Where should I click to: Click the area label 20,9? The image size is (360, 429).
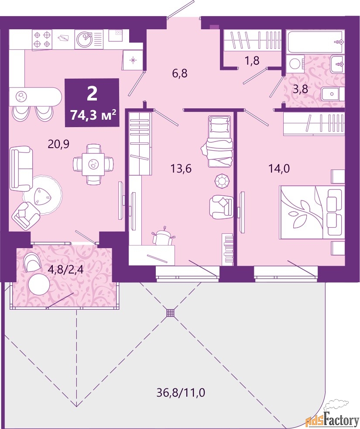(58, 143)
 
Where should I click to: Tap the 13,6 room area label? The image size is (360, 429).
(181, 169)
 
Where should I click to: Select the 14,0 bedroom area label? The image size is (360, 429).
(279, 169)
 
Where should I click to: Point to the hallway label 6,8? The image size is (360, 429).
(180, 73)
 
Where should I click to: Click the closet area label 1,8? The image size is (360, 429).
(252, 60)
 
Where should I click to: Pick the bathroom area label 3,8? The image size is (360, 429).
(300, 89)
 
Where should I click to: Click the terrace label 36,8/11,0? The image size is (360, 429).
(181, 393)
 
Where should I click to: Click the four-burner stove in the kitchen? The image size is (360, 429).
(42, 40)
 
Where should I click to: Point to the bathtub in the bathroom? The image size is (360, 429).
(315, 42)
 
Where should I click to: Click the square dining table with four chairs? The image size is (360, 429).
(93, 164)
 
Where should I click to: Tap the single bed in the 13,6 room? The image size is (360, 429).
(220, 141)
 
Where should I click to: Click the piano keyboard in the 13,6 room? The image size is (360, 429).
(228, 249)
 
